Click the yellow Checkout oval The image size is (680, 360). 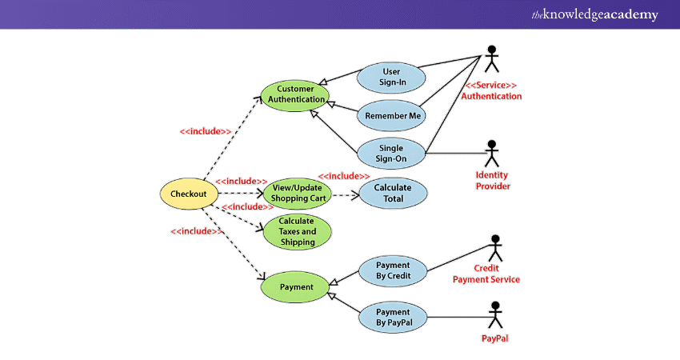189,194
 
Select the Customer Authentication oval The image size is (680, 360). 297,94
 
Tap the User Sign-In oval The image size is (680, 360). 391,77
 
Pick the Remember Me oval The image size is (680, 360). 391,115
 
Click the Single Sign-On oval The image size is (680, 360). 391,153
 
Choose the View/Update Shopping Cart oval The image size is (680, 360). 297,193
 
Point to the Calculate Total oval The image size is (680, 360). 393,193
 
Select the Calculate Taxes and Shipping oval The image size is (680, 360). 297,231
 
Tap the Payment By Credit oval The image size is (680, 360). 393,270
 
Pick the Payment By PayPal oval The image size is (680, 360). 393,318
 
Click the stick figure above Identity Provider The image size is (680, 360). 491,152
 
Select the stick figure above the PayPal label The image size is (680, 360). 494,314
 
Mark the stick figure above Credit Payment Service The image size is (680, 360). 495,247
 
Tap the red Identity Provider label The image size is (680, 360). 492,181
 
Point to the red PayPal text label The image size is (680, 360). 494,338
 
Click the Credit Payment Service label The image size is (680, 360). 486,274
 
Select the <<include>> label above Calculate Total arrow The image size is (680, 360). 343,176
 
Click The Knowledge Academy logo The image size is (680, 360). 595,14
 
